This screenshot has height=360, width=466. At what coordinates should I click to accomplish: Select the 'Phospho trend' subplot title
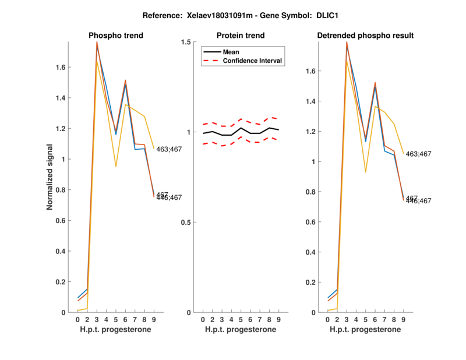click(x=116, y=36)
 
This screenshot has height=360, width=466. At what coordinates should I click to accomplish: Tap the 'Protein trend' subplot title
click(x=241, y=36)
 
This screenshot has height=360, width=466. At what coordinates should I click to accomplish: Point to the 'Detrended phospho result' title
click(x=365, y=36)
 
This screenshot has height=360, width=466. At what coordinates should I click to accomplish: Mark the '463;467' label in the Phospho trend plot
click(x=169, y=150)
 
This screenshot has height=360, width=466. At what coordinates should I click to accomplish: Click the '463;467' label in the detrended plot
click(x=419, y=154)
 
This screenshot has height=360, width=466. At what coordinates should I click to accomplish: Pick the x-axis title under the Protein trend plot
click(x=241, y=330)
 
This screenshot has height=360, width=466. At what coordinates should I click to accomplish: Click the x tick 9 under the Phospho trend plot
click(x=154, y=319)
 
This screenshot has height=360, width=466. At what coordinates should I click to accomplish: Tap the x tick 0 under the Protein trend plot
click(x=203, y=319)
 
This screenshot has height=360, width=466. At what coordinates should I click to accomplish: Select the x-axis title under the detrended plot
click(x=365, y=330)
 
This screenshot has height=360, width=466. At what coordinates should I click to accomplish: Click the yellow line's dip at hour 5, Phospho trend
click(x=116, y=167)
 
